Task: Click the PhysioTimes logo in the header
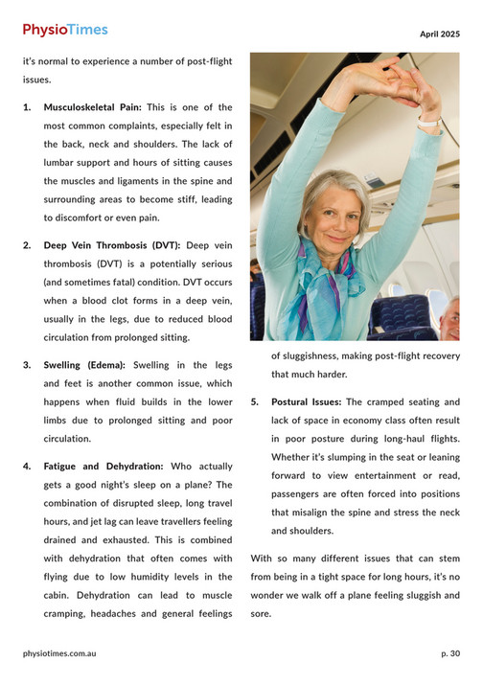[x=65, y=31]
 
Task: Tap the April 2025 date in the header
[x=439, y=34]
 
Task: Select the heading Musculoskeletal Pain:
[x=92, y=107]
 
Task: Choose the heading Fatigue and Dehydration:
[x=103, y=466]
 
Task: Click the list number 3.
[x=27, y=365]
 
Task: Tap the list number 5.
[x=255, y=402]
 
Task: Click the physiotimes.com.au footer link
[x=59, y=653]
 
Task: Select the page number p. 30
[x=450, y=653]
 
